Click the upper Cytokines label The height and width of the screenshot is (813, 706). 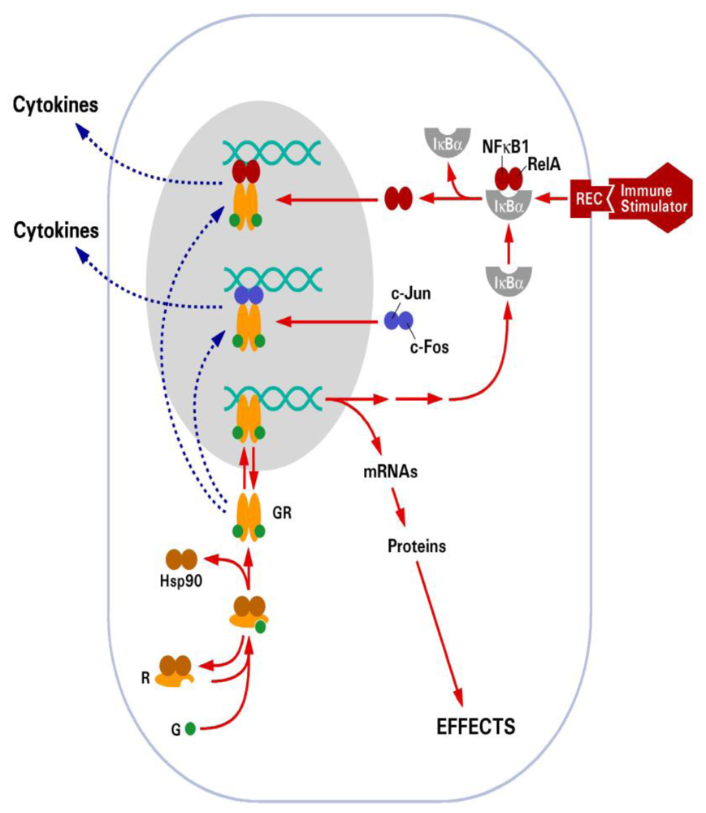click(x=54, y=105)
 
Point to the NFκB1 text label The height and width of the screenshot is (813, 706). click(x=504, y=146)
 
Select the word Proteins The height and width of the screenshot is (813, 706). click(x=416, y=546)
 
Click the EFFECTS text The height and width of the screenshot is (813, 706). click(x=475, y=725)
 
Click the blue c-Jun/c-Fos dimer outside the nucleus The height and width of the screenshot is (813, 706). click(x=397, y=322)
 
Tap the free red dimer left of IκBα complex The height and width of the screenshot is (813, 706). click(x=397, y=198)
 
